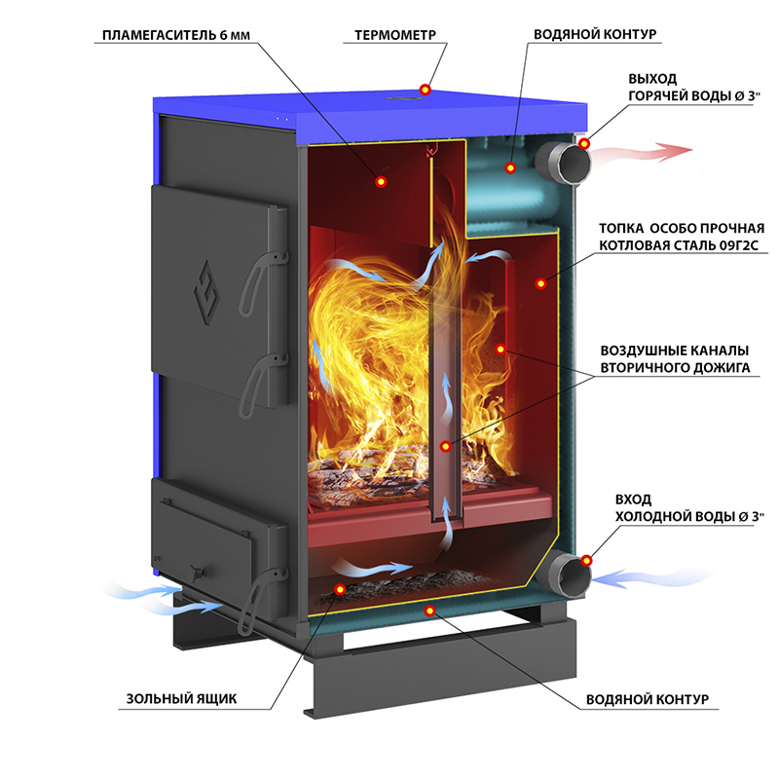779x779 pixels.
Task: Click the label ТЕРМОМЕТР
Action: (395, 35)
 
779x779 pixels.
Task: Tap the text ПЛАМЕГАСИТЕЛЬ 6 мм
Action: (176, 35)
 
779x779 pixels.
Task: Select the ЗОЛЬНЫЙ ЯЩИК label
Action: (181, 698)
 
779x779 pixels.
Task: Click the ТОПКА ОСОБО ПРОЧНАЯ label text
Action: (681, 228)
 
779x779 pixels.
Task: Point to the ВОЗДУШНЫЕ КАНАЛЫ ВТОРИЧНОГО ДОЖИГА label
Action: (675, 358)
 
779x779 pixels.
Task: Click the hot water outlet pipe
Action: (563, 163)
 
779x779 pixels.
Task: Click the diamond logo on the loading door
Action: (206, 293)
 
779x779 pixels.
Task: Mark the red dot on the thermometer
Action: (425, 90)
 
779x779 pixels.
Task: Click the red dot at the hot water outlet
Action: (585, 143)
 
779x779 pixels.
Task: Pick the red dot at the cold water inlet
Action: (587, 561)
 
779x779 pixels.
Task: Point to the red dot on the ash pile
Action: (340, 590)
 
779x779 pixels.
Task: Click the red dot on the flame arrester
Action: (381, 182)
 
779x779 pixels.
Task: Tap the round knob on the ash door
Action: (198, 572)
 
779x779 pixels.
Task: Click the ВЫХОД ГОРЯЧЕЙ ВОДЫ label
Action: (693, 88)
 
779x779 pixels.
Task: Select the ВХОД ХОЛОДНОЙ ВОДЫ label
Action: (688, 507)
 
